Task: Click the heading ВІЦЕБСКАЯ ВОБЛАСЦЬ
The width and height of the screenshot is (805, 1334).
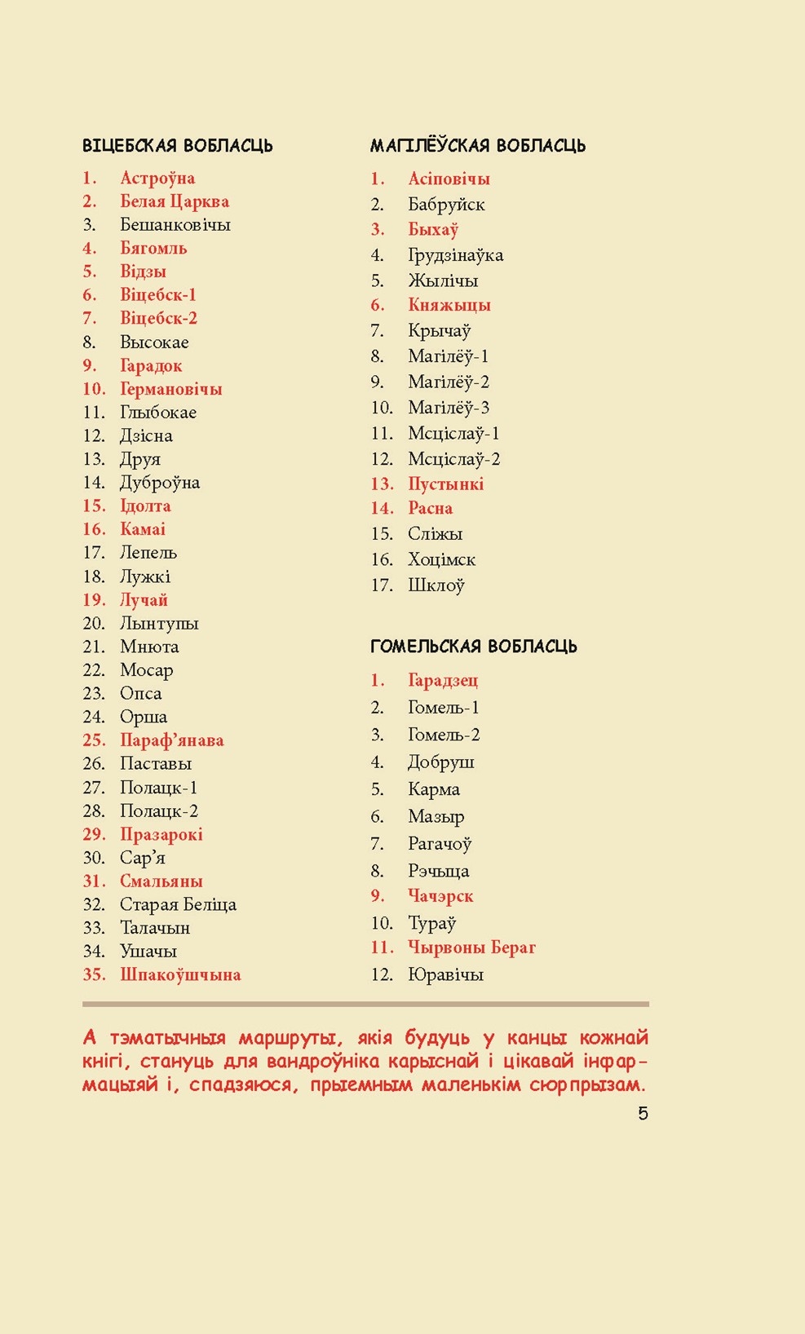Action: click(177, 146)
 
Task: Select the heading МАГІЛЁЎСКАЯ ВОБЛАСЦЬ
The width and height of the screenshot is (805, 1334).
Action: click(477, 146)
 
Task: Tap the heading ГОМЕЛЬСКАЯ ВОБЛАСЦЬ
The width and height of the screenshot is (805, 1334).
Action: click(473, 647)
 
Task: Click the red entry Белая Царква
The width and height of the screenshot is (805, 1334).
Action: click(174, 201)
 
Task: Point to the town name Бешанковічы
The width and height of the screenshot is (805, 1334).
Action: click(175, 224)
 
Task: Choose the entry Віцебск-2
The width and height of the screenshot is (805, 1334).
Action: click(158, 318)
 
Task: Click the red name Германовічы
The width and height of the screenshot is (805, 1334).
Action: click(170, 389)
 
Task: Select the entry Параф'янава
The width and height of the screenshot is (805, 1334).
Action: click(171, 740)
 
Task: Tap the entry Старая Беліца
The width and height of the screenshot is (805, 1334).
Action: click(178, 904)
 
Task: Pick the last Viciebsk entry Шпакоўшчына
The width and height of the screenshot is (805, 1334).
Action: click(180, 974)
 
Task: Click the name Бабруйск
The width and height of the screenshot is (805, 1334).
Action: click(446, 205)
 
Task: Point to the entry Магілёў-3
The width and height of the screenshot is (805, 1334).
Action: click(449, 408)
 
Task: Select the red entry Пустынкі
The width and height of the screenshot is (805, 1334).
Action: click(445, 484)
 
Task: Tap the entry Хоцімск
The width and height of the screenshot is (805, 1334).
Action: click(441, 559)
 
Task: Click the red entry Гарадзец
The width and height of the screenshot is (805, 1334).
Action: click(443, 680)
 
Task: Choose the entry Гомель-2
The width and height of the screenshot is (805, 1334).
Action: click(444, 735)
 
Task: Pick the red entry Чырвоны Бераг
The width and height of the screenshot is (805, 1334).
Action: click(471, 947)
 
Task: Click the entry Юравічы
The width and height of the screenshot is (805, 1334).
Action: click(445, 974)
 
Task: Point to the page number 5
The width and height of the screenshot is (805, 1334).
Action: click(643, 1114)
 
